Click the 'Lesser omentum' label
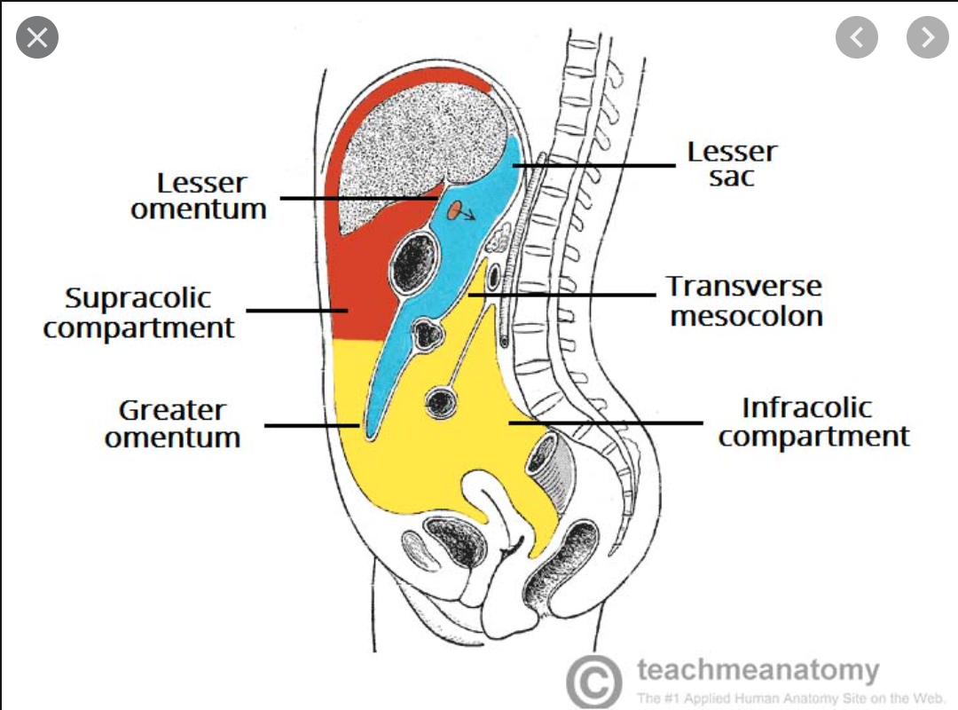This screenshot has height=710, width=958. click(x=200, y=196)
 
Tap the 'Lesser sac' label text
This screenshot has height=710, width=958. click(x=732, y=164)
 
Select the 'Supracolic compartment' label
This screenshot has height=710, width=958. click(x=139, y=312)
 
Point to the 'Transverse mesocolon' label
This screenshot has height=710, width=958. click(x=745, y=301)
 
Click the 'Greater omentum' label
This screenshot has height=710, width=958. click(x=173, y=423)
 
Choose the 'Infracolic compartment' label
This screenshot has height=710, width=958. click(x=813, y=422)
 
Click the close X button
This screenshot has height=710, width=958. click(x=36, y=36)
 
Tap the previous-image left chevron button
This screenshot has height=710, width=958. click(x=856, y=36)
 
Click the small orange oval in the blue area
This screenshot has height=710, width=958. click(x=454, y=210)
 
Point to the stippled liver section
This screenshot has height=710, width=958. click(x=417, y=160)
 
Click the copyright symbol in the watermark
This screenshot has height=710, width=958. click(x=593, y=682)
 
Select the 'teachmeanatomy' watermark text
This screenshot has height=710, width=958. click(x=758, y=669)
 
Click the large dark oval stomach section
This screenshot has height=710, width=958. click(x=415, y=260)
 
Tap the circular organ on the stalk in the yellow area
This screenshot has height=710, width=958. click(x=441, y=403)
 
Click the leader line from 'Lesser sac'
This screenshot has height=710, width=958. click(x=594, y=165)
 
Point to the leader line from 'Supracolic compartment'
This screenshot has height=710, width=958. click(x=297, y=311)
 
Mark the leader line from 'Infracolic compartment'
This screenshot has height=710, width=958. click(x=603, y=422)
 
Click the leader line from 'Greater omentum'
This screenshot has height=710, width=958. click(x=310, y=425)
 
